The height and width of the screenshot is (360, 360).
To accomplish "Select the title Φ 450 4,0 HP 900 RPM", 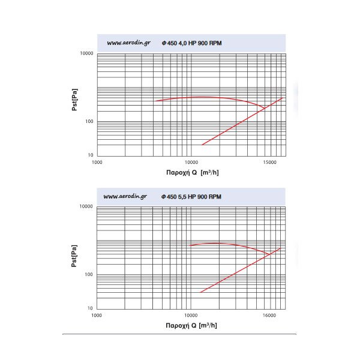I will pos(191,43).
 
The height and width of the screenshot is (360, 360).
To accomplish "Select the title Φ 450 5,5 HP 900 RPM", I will pos(191,196).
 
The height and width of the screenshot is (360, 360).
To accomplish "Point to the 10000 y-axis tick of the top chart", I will pos(86,53).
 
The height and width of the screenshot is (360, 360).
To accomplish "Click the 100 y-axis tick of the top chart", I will pos(89,122).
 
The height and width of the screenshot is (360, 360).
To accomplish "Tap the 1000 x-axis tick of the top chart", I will pos(97,163).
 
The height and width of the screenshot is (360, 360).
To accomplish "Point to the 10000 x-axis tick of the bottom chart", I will pos(191,315).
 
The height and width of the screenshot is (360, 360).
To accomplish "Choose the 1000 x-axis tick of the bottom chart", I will pos(97,315).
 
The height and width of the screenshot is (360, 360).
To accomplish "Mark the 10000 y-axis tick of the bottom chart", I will pos(86,206).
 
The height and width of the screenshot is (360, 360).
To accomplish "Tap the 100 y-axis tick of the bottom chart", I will pos(89,274).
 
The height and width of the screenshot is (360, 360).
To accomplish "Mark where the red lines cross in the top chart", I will pos(264,108).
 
